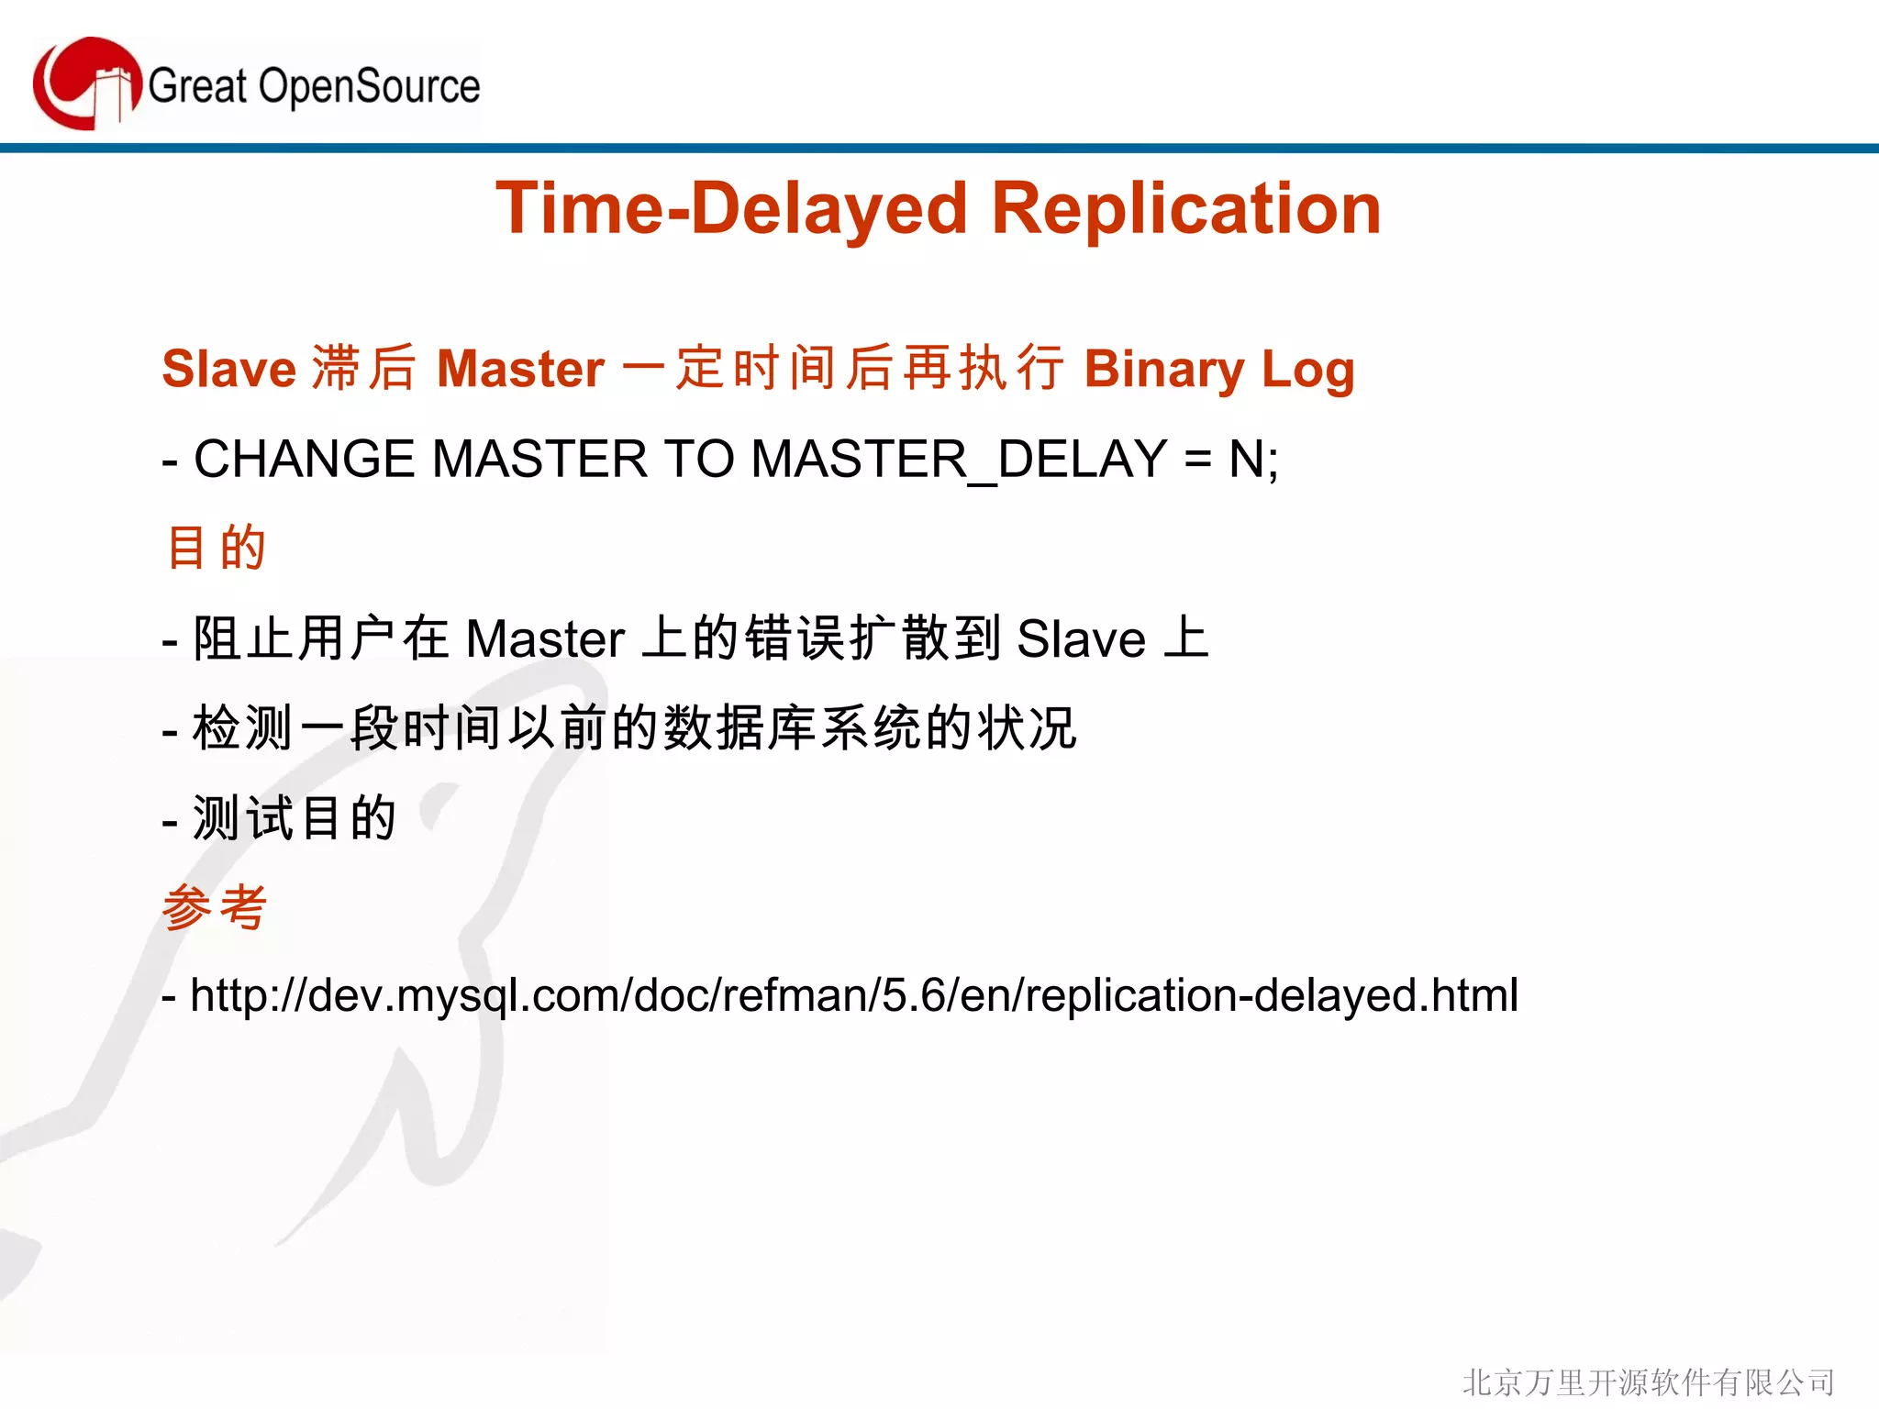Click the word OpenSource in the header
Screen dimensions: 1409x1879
(369, 86)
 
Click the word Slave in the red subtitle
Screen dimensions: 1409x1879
(228, 369)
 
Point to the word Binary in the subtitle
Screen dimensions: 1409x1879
(1163, 369)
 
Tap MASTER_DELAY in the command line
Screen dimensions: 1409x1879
(959, 459)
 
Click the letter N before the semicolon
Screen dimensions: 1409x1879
(1246, 459)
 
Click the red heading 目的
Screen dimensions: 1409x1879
(217, 549)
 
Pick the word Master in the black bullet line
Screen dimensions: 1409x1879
(545, 638)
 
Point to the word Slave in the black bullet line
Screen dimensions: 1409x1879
(1081, 638)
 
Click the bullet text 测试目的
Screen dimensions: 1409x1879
(294, 818)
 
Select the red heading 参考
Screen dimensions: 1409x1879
(215, 907)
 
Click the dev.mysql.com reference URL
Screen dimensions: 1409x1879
(853, 995)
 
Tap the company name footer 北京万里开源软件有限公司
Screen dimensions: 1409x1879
(1648, 1382)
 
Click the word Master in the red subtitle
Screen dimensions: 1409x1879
(520, 369)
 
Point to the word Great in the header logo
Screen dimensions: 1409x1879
(197, 86)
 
